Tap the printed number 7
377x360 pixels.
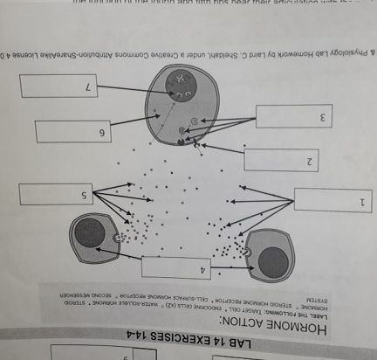click(x=86, y=88)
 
